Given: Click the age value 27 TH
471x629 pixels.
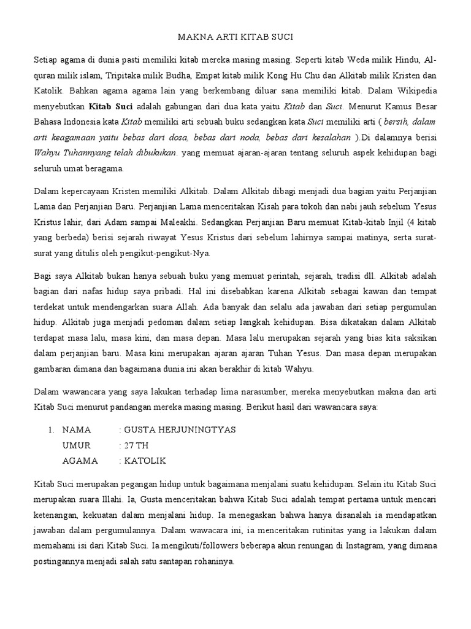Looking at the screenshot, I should pyautogui.click(x=136, y=445).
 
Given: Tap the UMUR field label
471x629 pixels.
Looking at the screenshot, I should pyautogui.click(x=77, y=445).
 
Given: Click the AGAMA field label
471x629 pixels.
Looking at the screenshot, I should pyautogui.click(x=80, y=461).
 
